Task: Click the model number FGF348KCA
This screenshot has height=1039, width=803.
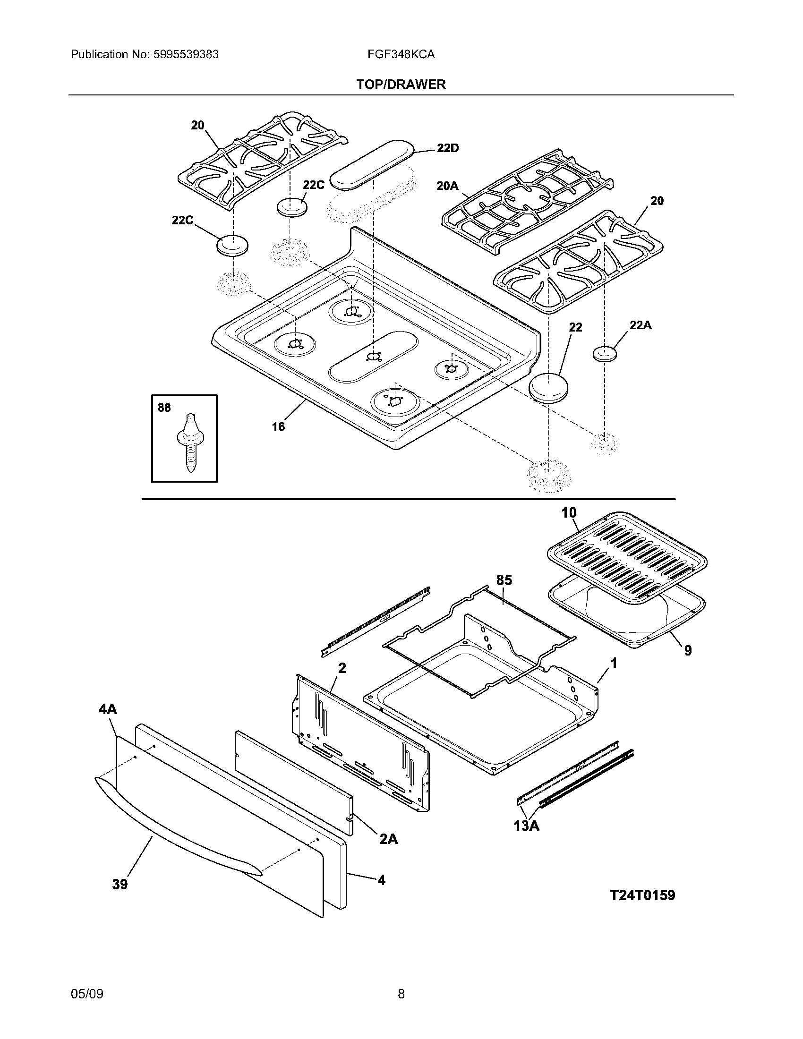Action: pyautogui.click(x=401, y=54)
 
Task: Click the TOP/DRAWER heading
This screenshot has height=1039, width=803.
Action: pyautogui.click(x=401, y=85)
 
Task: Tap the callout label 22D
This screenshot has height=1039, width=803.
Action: pyautogui.click(x=448, y=148)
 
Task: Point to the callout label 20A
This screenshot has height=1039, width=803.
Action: pyautogui.click(x=447, y=186)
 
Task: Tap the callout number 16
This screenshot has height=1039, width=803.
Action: pyautogui.click(x=278, y=426)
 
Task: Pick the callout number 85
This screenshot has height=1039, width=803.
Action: pyautogui.click(x=504, y=580)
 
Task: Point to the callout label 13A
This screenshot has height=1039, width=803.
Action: pyautogui.click(x=526, y=826)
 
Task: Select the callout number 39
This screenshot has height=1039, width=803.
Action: pyautogui.click(x=120, y=885)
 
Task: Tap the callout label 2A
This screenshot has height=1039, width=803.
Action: pyautogui.click(x=388, y=839)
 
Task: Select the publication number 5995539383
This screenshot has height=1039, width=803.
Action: pyautogui.click(x=187, y=54)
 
